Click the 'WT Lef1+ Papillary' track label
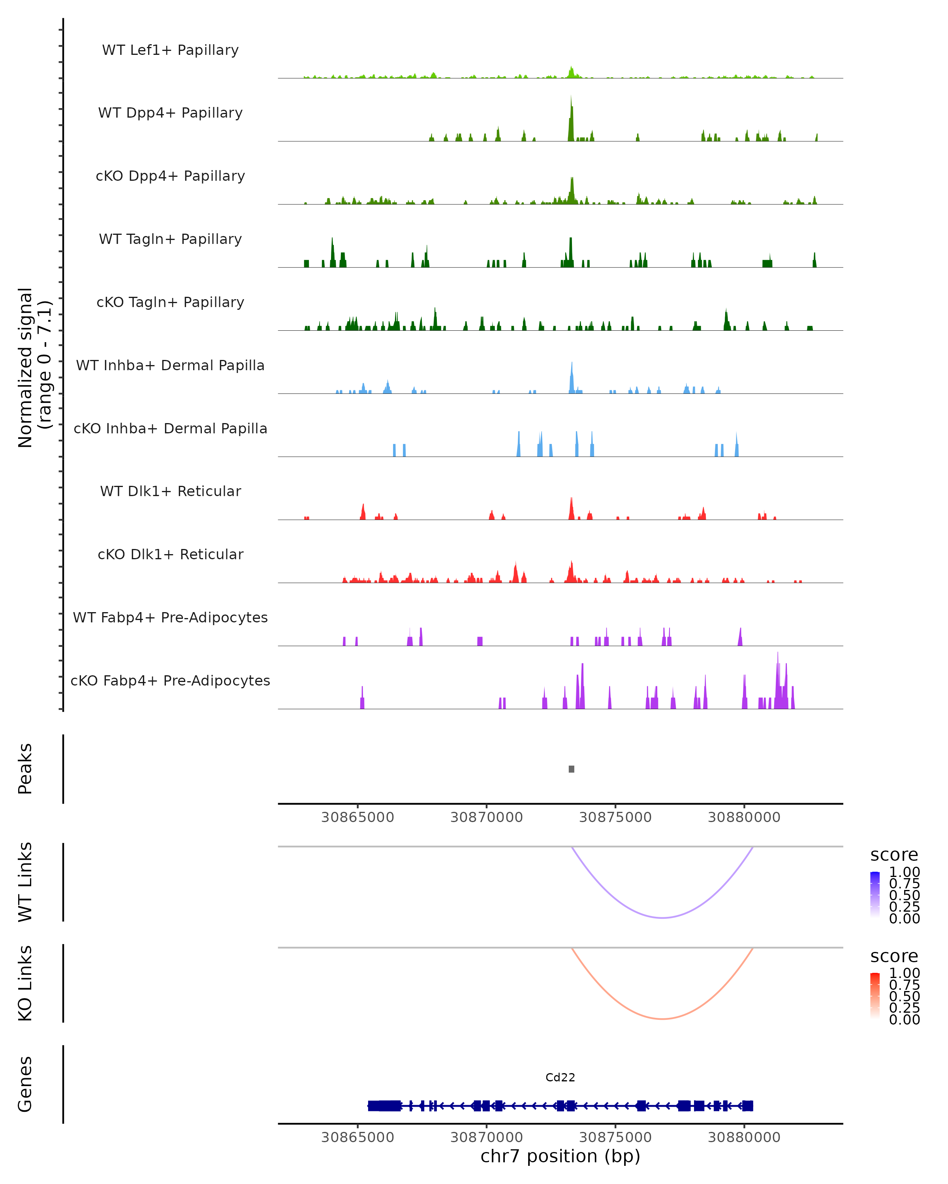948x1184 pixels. [x=170, y=50]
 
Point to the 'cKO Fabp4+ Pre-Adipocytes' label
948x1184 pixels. [x=170, y=680]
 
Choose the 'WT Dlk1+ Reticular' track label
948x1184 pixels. [x=170, y=491]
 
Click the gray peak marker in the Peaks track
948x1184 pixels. [x=572, y=769]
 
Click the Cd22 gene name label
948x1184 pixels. [x=560, y=1077]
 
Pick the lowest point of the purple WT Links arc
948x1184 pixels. [x=663, y=918]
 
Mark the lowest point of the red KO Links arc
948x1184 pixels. [x=663, y=1019]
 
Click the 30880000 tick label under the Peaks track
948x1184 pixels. [x=744, y=817]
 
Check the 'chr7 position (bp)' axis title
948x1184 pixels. [x=560, y=1156]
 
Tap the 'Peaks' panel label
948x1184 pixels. [x=25, y=768]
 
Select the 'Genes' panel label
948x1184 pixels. [x=25, y=1084]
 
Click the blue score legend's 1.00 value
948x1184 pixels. [x=904, y=872]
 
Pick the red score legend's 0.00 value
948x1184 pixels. [x=904, y=1019]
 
